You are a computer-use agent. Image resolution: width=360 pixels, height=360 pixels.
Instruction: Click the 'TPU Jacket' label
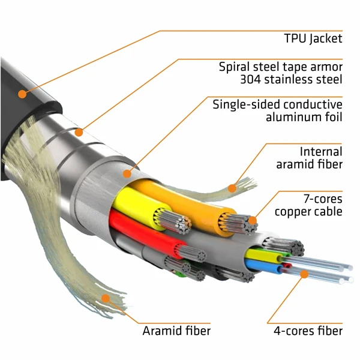click(x=313, y=39)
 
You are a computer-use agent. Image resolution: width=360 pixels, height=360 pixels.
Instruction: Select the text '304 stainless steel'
click(x=291, y=79)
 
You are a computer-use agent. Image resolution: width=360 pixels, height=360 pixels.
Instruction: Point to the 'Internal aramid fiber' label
click(x=308, y=158)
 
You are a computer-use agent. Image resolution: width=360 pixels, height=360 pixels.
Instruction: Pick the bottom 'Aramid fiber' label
click(x=176, y=331)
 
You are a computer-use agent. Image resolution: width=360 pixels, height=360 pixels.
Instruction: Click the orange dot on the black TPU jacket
click(x=22, y=94)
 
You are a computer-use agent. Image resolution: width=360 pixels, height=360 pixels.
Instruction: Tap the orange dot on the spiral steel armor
click(x=80, y=131)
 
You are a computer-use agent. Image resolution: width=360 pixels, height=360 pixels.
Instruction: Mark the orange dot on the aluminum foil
click(x=127, y=174)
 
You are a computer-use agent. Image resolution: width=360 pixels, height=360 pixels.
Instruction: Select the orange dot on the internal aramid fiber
click(x=232, y=188)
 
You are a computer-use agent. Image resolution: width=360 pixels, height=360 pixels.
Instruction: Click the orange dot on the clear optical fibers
click(x=304, y=274)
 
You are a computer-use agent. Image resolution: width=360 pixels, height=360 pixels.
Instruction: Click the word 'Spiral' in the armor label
click(x=235, y=67)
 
